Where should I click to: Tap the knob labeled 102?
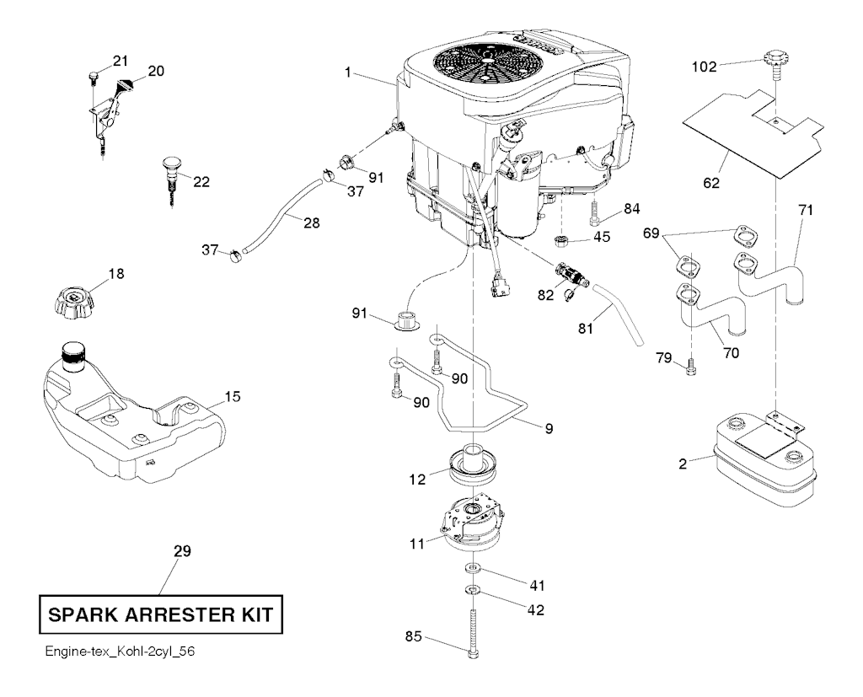(772, 62)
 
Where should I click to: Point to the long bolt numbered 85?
(471, 624)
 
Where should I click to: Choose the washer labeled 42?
(473, 587)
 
